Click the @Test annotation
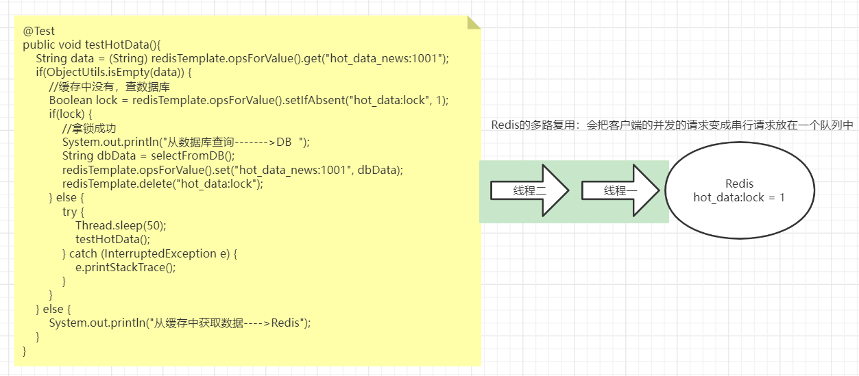pos(38,31)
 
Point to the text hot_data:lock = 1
pos(739,197)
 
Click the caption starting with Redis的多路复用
pos(672,125)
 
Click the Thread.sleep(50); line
pos(121,225)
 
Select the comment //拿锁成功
pos(90,128)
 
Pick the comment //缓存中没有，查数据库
pos(110,86)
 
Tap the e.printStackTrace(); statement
pos(125,267)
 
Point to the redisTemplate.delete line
pos(162,184)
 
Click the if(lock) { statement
pos(70,114)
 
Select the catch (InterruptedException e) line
pos(154,253)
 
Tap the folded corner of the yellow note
pos(474,23)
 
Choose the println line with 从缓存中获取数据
pos(180,323)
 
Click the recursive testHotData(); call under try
pos(112,239)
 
